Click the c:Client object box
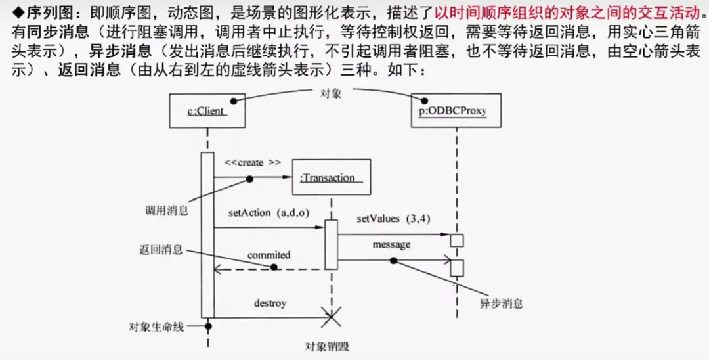click(207, 111)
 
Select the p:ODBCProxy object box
click(452, 111)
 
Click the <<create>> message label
click(252, 162)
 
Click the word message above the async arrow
click(391, 244)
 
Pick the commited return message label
click(269, 254)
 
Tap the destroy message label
click(270, 304)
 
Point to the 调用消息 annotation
click(167, 211)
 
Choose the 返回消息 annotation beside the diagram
click(161, 250)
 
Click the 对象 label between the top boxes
click(330, 94)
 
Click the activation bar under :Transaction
click(332, 244)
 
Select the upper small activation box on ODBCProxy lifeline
click(457, 239)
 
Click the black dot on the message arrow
click(393, 260)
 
